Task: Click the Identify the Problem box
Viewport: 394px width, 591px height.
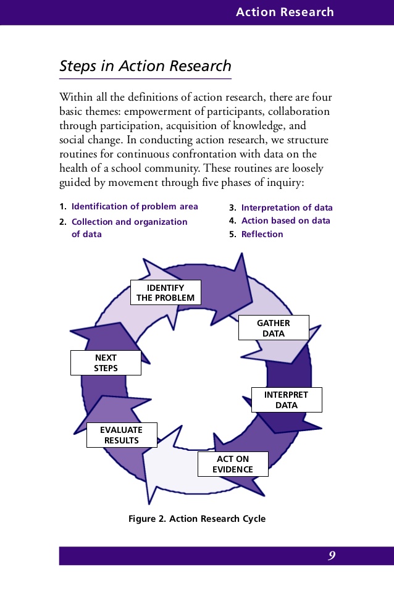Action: click(x=166, y=293)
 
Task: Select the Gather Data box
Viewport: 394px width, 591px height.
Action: click(x=273, y=328)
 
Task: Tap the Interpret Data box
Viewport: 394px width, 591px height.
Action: click(x=286, y=400)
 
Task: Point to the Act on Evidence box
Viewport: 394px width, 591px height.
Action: click(x=233, y=464)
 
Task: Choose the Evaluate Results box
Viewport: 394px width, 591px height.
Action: click(x=122, y=435)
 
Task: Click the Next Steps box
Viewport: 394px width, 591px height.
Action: click(x=106, y=363)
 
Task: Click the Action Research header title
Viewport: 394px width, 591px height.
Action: click(x=285, y=12)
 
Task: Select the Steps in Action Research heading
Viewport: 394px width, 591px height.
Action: click(x=145, y=66)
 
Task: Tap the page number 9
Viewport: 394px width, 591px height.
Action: click(x=332, y=556)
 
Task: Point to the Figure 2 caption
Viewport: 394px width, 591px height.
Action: click(x=197, y=518)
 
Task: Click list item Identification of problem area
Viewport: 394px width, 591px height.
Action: click(x=135, y=206)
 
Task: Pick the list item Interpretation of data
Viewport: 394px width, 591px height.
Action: click(x=287, y=207)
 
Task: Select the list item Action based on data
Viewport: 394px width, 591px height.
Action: click(x=285, y=220)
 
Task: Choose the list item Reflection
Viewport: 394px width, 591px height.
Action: click(x=262, y=234)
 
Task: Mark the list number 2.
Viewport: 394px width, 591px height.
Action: click(x=62, y=222)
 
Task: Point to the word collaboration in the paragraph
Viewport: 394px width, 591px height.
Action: click(x=300, y=112)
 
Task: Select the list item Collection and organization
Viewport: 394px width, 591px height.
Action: click(x=129, y=222)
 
